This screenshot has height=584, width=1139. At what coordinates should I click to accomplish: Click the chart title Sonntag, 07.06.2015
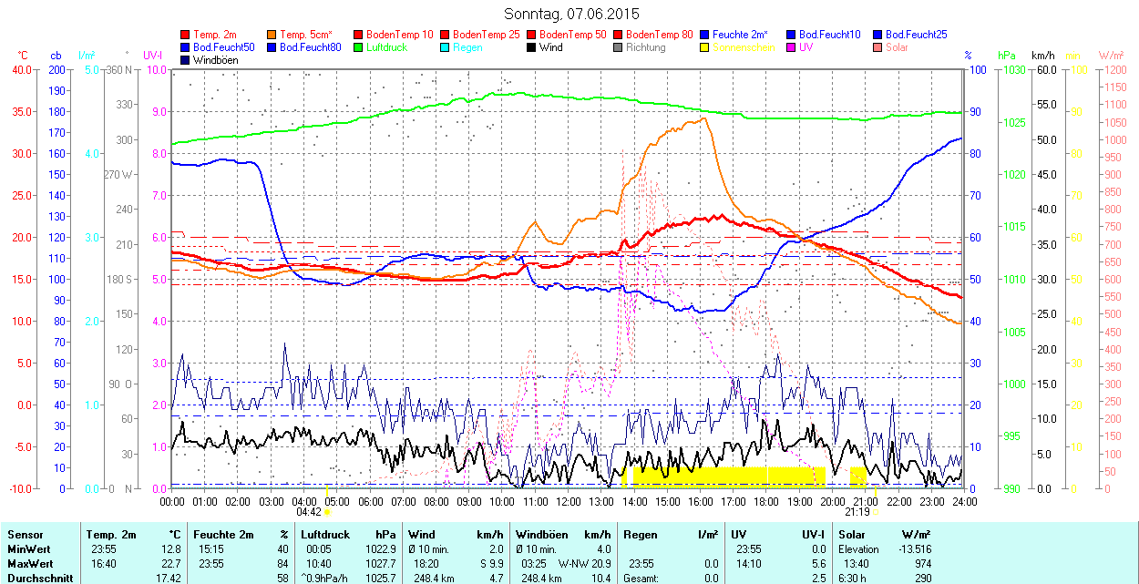click(x=571, y=14)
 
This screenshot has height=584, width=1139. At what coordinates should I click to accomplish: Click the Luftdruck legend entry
click(x=386, y=47)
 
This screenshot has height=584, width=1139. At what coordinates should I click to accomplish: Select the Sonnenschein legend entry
click(x=744, y=47)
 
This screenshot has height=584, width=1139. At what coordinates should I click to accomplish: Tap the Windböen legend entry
click(x=215, y=60)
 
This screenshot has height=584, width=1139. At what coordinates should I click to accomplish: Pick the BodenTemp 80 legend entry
click(x=660, y=35)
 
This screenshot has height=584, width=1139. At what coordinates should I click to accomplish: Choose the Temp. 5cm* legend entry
click(x=305, y=35)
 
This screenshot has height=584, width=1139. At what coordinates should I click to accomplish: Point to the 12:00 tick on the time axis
click(x=569, y=501)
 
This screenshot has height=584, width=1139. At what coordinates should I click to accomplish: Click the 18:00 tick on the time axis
click(x=766, y=501)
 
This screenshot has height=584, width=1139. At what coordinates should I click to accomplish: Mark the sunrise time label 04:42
click(x=308, y=512)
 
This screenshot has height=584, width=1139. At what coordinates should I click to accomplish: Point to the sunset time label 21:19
click(x=869, y=512)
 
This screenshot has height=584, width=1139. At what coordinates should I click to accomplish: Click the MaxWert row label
click(x=29, y=564)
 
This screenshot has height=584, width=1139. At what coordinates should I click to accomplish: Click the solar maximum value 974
click(x=921, y=564)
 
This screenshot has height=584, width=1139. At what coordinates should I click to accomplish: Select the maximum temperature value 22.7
click(x=171, y=564)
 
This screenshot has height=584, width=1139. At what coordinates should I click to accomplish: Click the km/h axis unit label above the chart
click(x=1042, y=56)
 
